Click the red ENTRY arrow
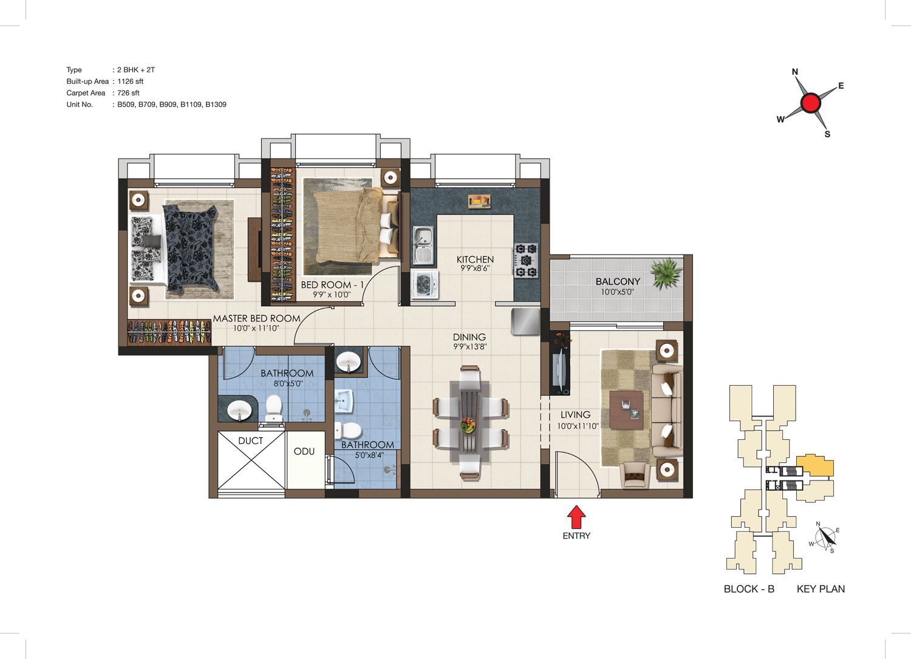[x=576, y=517]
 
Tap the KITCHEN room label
[x=475, y=259]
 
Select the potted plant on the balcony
[x=666, y=273]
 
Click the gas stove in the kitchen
[x=527, y=261]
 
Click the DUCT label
[x=250, y=440]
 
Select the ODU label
[x=304, y=451]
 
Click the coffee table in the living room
[x=626, y=409]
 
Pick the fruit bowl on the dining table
[x=468, y=425]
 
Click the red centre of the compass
[x=811, y=103]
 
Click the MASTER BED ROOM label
[x=257, y=318]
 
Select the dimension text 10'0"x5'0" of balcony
[x=618, y=292]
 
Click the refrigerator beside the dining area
[x=525, y=321]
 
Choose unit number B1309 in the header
[x=216, y=104]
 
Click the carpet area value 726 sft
[x=128, y=93]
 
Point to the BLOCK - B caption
[x=749, y=589]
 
